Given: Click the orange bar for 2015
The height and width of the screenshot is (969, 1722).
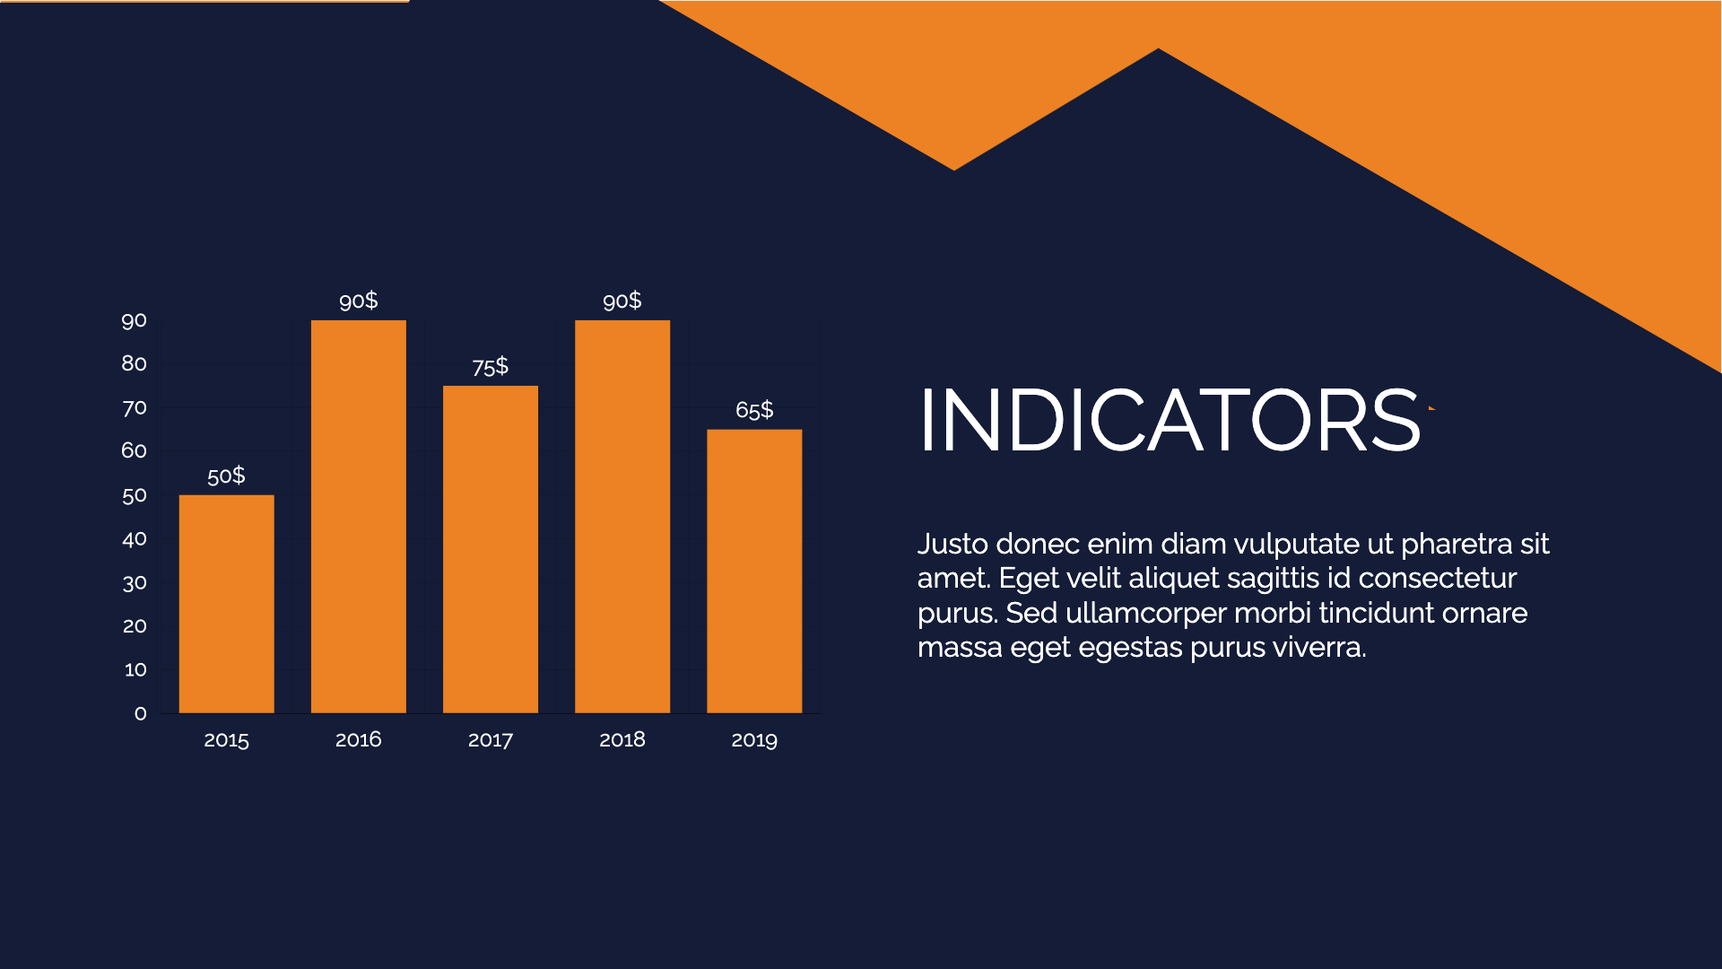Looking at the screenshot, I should [226, 604].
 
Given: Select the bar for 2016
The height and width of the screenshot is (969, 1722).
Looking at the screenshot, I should [358, 517].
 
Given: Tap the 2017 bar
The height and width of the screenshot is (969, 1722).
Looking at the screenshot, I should [490, 549].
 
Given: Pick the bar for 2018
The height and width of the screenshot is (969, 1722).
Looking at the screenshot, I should [622, 517].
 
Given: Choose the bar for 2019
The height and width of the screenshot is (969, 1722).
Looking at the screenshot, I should [753, 572].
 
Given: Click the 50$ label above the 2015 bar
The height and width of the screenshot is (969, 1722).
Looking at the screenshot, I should [226, 476].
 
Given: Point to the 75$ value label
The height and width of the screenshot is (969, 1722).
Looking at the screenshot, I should [490, 367].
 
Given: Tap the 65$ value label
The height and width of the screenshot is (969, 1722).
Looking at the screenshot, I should [753, 410].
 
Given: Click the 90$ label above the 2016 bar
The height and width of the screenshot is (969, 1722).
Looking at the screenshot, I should [358, 301].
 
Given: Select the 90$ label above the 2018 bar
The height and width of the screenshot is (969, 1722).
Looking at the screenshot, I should [622, 301].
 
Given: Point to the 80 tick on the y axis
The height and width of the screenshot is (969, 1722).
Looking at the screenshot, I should [134, 363].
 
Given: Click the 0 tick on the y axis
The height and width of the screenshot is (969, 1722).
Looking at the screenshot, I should [140, 714].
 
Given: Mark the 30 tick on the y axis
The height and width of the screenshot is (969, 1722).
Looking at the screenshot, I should [134, 584].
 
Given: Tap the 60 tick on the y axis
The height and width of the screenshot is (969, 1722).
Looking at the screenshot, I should [134, 450].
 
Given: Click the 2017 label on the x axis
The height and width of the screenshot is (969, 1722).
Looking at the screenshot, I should [490, 740].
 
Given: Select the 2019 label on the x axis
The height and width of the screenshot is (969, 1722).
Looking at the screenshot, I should [753, 740].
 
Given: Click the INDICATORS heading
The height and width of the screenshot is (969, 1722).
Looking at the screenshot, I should [1170, 420].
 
